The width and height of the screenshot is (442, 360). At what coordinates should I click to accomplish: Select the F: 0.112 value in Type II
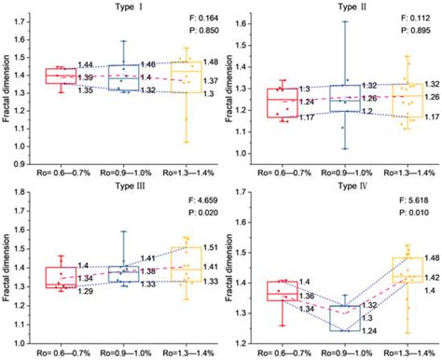point(412,17)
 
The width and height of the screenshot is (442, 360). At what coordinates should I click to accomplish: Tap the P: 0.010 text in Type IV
point(412,212)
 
